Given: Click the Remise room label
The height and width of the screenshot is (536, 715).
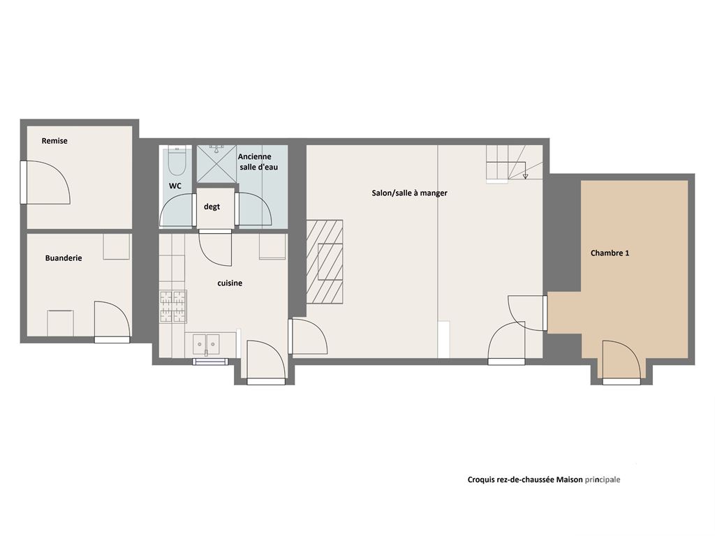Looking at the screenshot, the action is (x=54, y=141).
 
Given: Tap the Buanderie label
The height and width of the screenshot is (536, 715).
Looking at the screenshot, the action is (x=64, y=258).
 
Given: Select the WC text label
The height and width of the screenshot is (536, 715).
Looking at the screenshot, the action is (x=175, y=186).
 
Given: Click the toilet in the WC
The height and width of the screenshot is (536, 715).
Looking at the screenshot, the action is (x=177, y=161).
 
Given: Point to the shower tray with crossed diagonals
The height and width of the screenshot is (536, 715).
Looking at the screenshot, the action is (x=216, y=163).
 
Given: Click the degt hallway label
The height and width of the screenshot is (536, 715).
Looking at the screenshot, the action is (x=212, y=207).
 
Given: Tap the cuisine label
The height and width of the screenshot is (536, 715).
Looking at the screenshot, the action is (x=230, y=283).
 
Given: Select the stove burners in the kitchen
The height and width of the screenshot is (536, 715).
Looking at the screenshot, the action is (x=173, y=306).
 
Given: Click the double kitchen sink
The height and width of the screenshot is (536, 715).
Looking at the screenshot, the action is (x=206, y=344).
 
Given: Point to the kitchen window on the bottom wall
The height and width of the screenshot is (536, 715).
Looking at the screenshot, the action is (x=210, y=362).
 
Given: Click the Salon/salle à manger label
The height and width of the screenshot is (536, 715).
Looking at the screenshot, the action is (x=409, y=193).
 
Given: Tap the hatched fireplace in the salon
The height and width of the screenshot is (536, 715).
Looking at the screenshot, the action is (x=325, y=262).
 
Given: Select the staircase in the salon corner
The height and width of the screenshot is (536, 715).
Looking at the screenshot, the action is (x=514, y=163).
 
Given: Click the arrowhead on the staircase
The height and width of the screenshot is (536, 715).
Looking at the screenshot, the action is (x=525, y=176).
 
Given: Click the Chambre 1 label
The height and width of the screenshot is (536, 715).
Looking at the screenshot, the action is (x=610, y=253).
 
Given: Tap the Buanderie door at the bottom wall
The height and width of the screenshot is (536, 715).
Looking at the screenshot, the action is (x=112, y=321).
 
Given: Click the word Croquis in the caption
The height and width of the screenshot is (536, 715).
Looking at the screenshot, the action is (x=480, y=480).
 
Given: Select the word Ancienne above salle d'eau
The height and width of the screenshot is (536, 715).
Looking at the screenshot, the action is (x=254, y=156).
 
